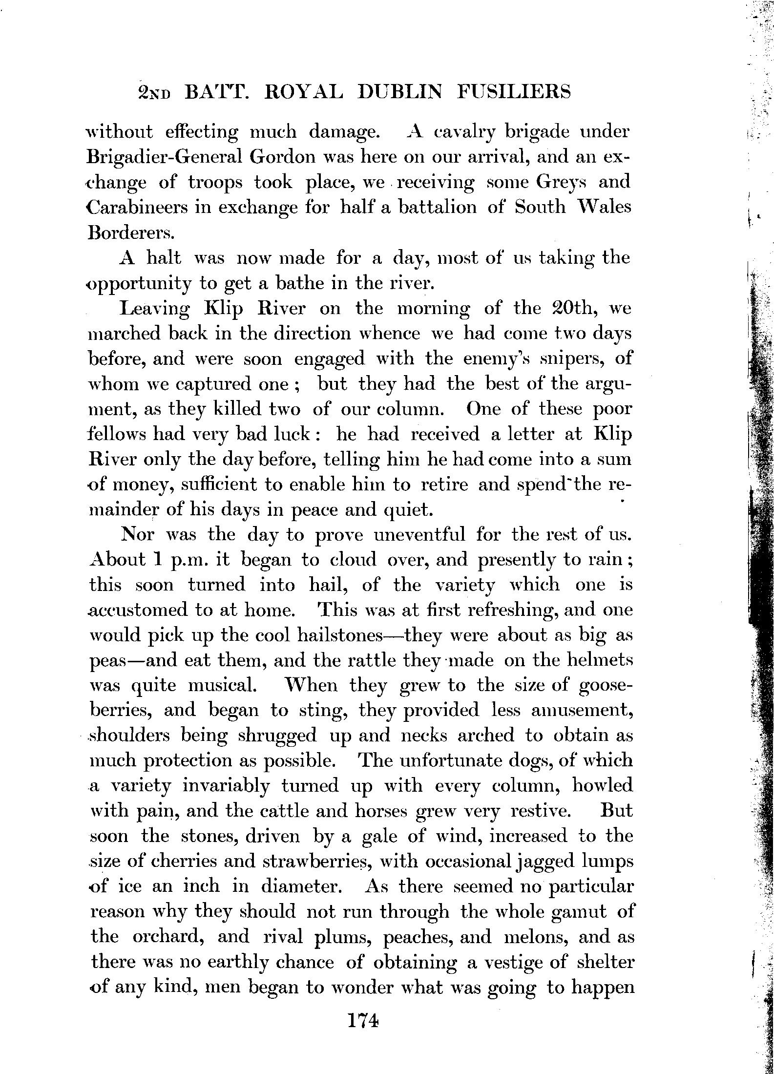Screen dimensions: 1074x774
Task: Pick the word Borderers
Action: pos(130,232)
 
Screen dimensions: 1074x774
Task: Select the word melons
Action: pos(534,937)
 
